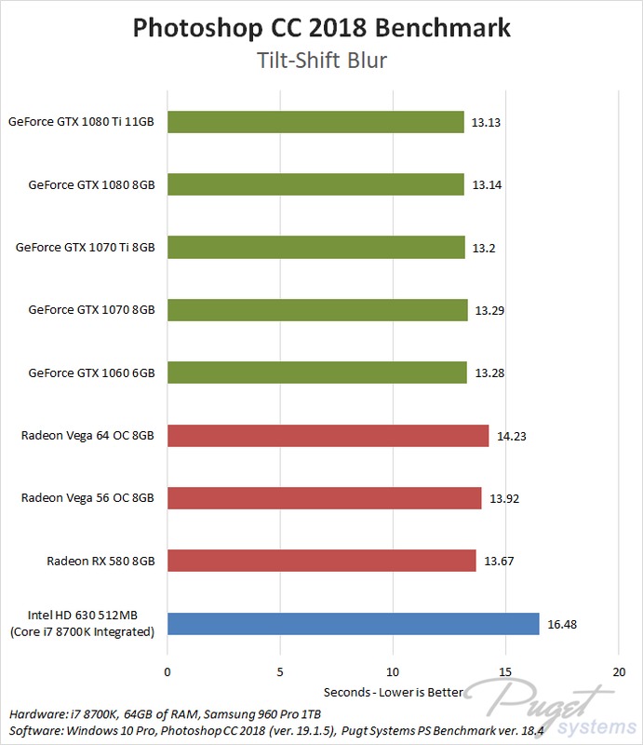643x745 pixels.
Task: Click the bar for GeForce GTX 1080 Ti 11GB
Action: click(315, 122)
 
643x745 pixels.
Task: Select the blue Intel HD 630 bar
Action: click(353, 624)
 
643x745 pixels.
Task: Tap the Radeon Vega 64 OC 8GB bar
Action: click(328, 436)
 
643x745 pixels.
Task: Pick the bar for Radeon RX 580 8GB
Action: click(321, 561)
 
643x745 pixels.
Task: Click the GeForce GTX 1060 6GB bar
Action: click(316, 372)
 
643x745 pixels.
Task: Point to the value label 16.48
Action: click(563, 624)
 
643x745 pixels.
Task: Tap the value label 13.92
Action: click(504, 498)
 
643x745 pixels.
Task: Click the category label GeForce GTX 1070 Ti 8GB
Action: click(85, 248)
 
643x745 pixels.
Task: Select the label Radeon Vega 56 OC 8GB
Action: click(87, 498)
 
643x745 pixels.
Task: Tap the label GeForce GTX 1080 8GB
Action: click(91, 184)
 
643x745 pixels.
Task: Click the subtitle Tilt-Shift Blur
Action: click(321, 61)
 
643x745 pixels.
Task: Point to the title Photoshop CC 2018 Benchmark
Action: click(321, 27)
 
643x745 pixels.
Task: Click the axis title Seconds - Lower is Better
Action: click(393, 693)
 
